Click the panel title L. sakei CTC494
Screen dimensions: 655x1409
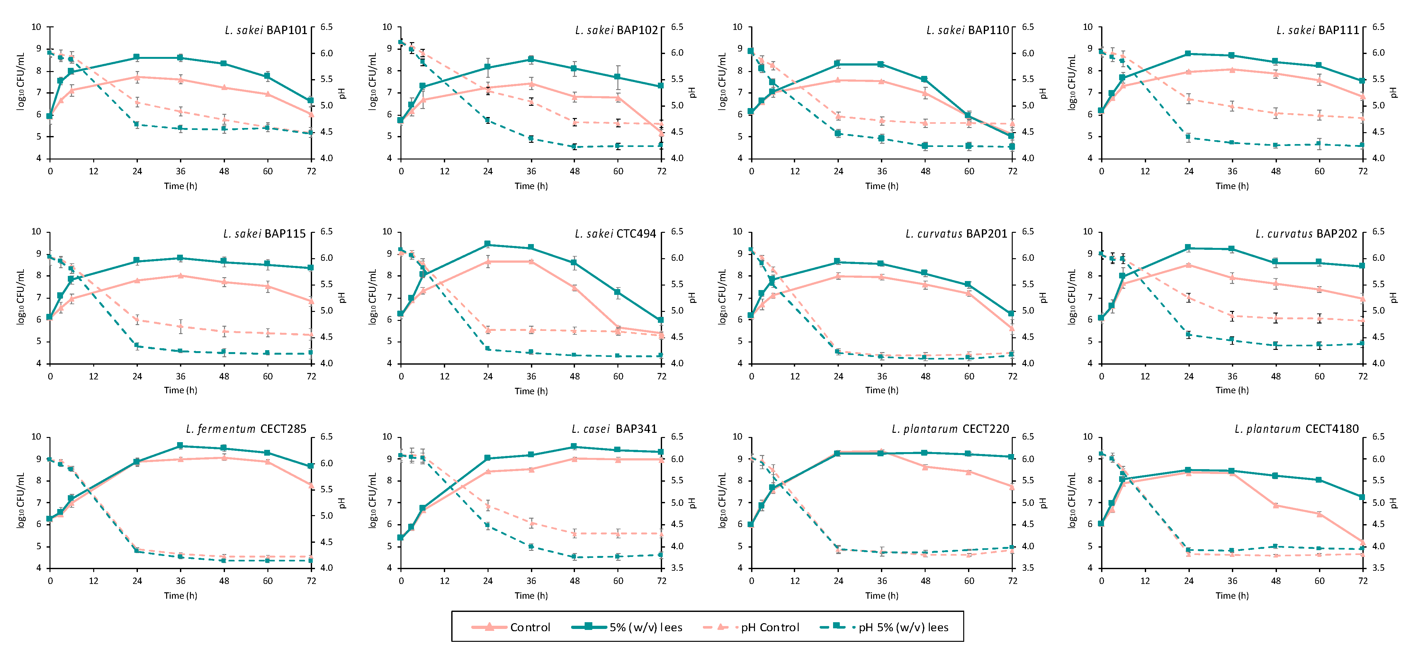click(615, 234)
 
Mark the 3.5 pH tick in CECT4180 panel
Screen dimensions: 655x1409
click(1378, 568)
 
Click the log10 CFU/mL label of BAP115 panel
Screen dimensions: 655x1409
click(21, 297)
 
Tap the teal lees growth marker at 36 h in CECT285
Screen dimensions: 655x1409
click(181, 446)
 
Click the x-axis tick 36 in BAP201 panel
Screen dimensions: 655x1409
click(882, 377)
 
